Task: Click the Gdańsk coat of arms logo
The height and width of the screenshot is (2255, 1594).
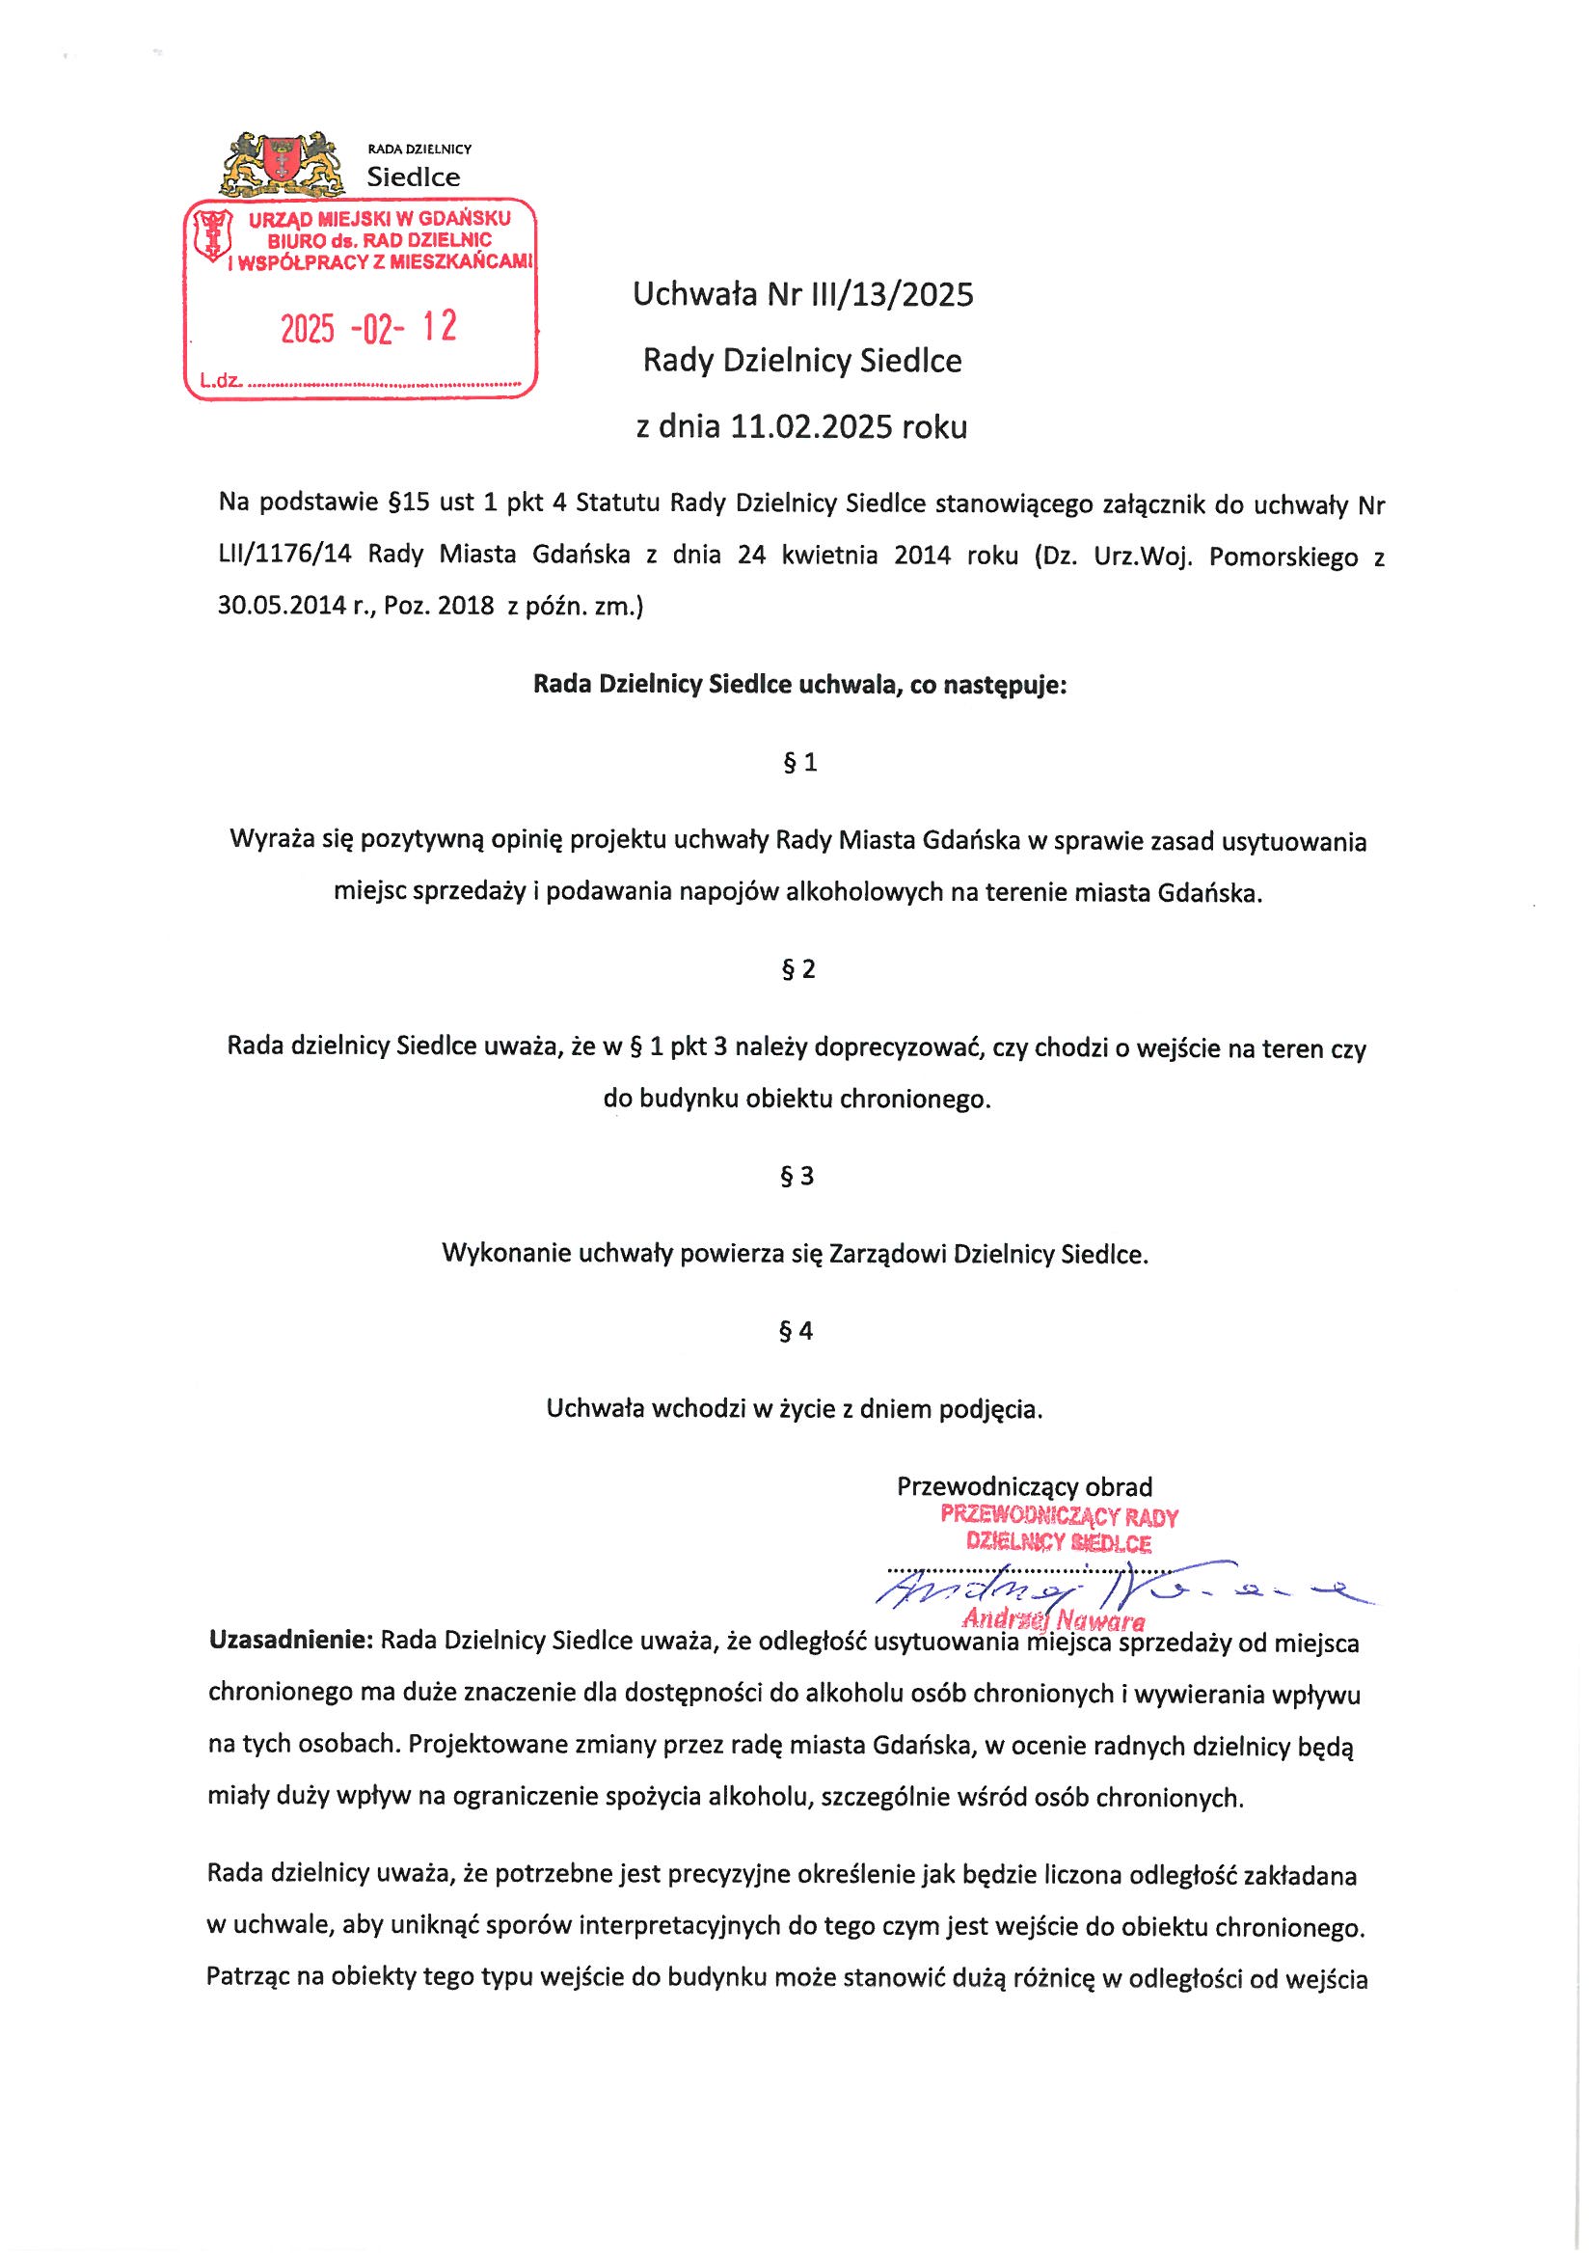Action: click(282, 161)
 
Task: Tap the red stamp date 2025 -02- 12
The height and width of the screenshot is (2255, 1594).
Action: click(368, 328)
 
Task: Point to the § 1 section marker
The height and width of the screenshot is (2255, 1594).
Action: click(799, 763)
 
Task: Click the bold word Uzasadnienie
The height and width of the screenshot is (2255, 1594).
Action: click(287, 1642)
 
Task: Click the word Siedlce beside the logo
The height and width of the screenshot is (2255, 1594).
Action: click(413, 177)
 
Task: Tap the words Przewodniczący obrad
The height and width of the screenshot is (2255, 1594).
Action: click(1024, 1487)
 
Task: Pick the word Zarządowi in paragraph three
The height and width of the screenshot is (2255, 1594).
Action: click(887, 1254)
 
